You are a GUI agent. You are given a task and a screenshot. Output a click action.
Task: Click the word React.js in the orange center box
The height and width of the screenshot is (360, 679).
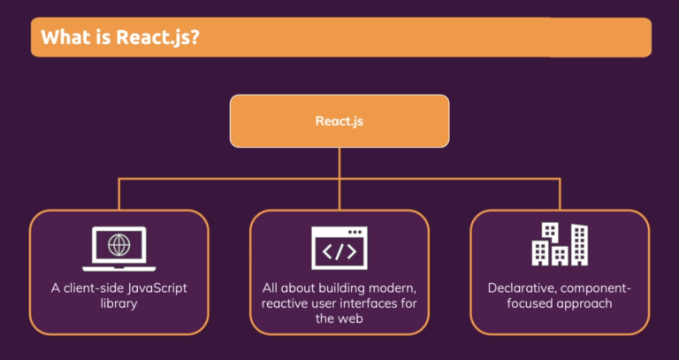tap(339, 120)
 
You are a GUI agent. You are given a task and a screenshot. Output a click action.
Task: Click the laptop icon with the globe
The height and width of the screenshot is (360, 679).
tap(118, 247)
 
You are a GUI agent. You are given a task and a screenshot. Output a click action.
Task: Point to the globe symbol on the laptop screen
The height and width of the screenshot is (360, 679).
tap(118, 243)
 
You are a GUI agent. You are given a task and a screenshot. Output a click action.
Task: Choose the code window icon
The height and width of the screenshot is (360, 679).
tap(339, 248)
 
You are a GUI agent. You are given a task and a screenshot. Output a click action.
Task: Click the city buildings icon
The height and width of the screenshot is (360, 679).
tap(559, 244)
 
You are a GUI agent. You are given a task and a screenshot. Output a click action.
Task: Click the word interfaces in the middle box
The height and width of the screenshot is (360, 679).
tap(373, 303)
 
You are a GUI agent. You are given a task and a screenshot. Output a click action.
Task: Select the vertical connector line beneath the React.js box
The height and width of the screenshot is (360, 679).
tap(339, 163)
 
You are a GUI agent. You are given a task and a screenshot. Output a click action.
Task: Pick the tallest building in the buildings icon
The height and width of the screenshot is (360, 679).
tap(579, 243)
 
